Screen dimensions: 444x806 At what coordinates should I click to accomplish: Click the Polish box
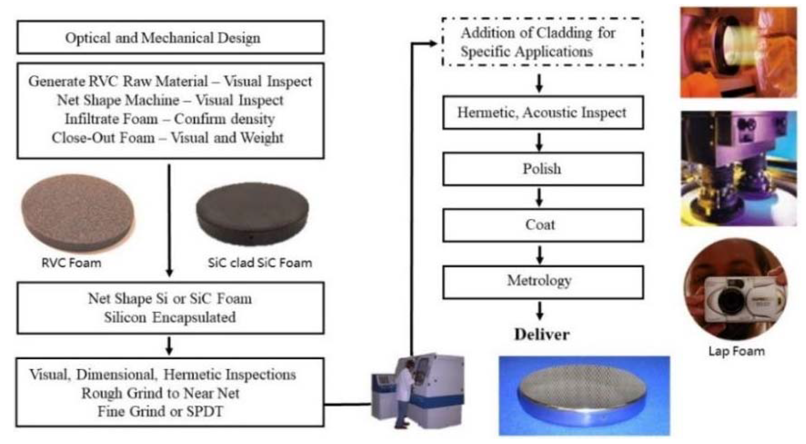tap(543, 169)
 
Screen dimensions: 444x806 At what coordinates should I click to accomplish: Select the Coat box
tap(543, 225)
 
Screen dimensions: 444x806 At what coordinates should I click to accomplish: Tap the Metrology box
tap(543, 282)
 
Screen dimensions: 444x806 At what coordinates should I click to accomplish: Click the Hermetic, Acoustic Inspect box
tap(543, 112)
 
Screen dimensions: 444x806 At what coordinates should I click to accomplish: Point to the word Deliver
tap(542, 335)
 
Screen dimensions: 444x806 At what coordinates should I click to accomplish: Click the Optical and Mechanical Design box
tap(170, 37)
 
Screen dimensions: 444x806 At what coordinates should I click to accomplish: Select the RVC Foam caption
tap(71, 263)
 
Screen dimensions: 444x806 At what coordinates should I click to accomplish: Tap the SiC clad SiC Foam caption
tap(260, 263)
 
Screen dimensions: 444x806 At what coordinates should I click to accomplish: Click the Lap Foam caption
tap(737, 351)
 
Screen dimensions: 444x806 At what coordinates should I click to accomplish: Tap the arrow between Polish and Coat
tap(539, 197)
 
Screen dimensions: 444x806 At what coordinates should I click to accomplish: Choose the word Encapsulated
tap(194, 317)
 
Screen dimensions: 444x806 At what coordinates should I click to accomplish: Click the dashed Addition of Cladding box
tap(542, 42)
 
